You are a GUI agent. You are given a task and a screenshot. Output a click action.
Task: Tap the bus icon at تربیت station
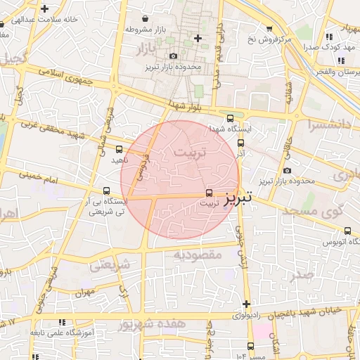[209, 193]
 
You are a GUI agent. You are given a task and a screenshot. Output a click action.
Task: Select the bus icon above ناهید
[119, 149]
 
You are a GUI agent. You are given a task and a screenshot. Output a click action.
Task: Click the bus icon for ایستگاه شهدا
[231, 118]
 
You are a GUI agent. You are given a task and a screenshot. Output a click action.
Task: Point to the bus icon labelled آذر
[241, 143]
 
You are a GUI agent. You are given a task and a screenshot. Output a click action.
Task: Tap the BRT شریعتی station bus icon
[107, 191]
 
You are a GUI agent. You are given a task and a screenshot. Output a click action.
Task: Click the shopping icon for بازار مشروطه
[145, 18]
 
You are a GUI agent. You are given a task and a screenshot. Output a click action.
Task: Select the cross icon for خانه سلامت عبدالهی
[45, 9]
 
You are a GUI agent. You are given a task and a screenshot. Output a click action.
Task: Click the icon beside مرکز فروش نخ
[269, 28]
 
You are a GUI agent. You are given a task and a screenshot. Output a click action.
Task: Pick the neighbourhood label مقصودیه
[198, 254]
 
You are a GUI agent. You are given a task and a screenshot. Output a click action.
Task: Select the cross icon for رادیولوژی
[245, 304]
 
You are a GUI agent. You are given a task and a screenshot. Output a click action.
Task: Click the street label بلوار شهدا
[186, 105]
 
